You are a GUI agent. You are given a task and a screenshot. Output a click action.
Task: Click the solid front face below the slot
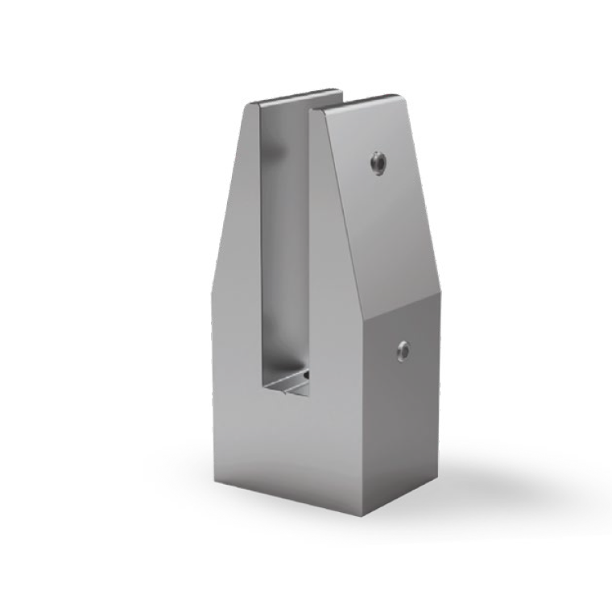[x=290, y=451]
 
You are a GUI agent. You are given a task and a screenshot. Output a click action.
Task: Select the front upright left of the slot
[x=234, y=322]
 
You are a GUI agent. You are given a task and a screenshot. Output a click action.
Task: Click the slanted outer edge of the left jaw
[x=229, y=185]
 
